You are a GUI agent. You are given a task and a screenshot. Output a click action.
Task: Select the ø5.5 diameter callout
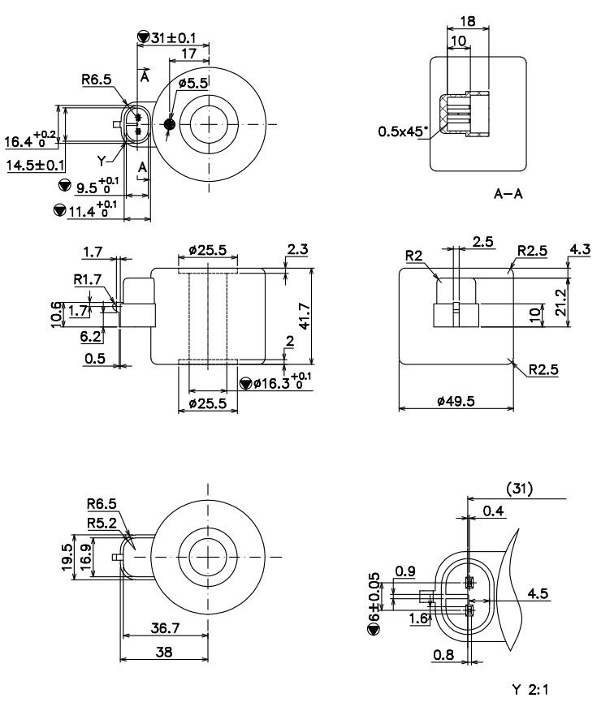[194, 84]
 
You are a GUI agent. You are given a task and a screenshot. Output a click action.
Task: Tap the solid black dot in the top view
[169, 124]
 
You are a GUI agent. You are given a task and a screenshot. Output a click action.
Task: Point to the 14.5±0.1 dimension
[36, 166]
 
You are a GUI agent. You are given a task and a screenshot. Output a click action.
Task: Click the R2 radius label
[413, 255]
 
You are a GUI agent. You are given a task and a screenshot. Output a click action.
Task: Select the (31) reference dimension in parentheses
[519, 489]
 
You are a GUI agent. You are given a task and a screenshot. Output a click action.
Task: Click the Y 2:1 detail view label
[532, 689]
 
